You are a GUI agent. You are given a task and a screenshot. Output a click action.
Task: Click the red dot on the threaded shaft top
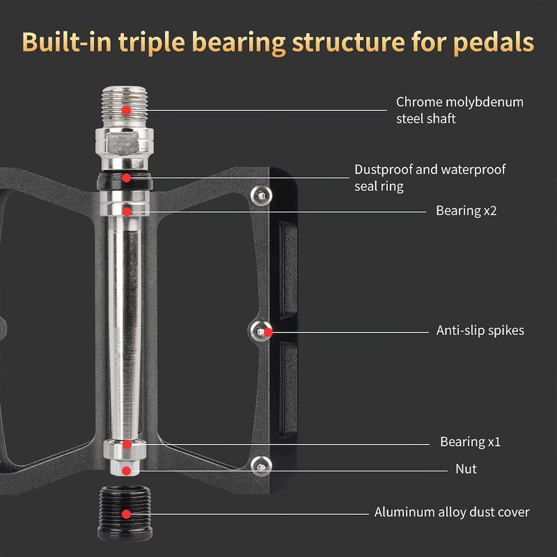pyautogui.click(x=126, y=109)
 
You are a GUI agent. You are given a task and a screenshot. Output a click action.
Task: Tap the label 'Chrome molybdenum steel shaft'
pyautogui.click(x=460, y=110)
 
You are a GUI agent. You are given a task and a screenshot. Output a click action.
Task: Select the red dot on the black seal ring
pyautogui.click(x=126, y=178)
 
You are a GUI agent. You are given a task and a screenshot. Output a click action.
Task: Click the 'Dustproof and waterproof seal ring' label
pyautogui.click(x=429, y=178)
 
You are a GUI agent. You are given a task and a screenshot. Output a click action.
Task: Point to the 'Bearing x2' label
pyautogui.click(x=466, y=211)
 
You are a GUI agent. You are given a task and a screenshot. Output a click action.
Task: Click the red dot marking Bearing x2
pyautogui.click(x=126, y=211)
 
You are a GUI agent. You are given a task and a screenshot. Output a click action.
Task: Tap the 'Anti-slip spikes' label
pyautogui.click(x=480, y=330)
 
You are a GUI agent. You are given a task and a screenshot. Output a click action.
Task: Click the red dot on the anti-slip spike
pyautogui.click(x=268, y=332)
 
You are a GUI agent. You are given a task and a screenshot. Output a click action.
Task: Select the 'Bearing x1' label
pyautogui.click(x=470, y=442)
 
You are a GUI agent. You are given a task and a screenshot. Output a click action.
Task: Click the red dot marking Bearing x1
pyautogui.click(x=126, y=444)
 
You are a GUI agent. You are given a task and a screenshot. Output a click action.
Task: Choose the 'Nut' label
pyautogui.click(x=466, y=468)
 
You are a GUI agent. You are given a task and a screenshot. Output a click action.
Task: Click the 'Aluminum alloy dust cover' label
pyautogui.click(x=451, y=512)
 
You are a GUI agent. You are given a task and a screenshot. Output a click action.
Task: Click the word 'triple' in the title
pyautogui.click(x=155, y=42)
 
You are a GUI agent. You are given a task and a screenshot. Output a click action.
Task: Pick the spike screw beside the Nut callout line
pyautogui.click(x=261, y=465)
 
